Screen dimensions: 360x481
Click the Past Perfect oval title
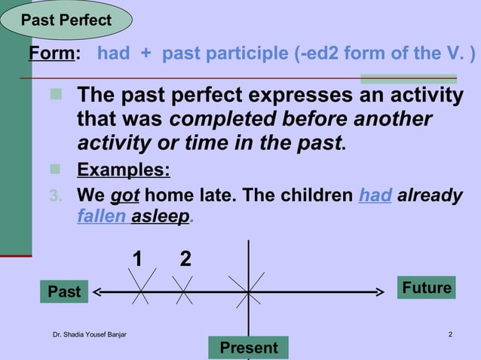(x=66, y=20)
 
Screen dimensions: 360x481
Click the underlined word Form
(x=53, y=54)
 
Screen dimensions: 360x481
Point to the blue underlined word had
(x=375, y=196)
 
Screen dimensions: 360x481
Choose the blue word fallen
(x=101, y=216)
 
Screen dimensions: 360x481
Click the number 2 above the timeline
(x=185, y=260)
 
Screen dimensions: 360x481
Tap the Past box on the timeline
(x=64, y=291)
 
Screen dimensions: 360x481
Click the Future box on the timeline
(x=427, y=288)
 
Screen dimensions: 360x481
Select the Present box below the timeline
(x=248, y=348)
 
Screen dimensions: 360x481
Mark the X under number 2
(x=184, y=289)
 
